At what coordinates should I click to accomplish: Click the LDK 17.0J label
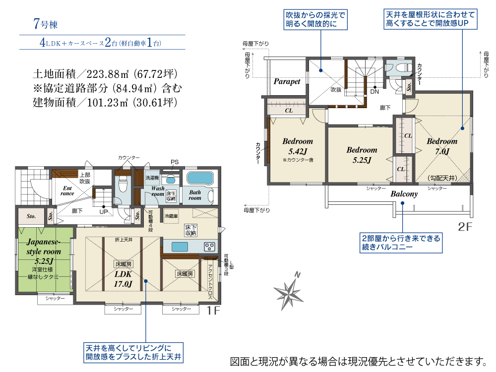click(x=123, y=279)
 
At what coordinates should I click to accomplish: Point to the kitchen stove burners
click(x=209, y=247)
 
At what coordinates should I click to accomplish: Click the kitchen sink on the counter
click(x=180, y=247)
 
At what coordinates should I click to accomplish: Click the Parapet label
click(x=287, y=82)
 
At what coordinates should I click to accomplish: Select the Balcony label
click(x=404, y=194)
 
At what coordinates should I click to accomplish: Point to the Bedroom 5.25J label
click(x=362, y=155)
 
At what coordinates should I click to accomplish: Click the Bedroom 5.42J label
click(x=298, y=146)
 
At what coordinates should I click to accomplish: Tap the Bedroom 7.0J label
click(x=442, y=146)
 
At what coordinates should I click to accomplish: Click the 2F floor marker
click(x=465, y=227)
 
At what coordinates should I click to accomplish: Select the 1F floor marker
click(x=213, y=310)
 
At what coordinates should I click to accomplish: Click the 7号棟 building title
click(x=46, y=24)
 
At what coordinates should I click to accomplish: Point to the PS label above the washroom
click(x=175, y=162)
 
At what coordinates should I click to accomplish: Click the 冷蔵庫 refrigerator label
click(x=171, y=216)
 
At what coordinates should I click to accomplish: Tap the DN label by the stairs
click(x=374, y=91)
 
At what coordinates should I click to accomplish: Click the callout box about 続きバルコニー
click(x=401, y=243)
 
